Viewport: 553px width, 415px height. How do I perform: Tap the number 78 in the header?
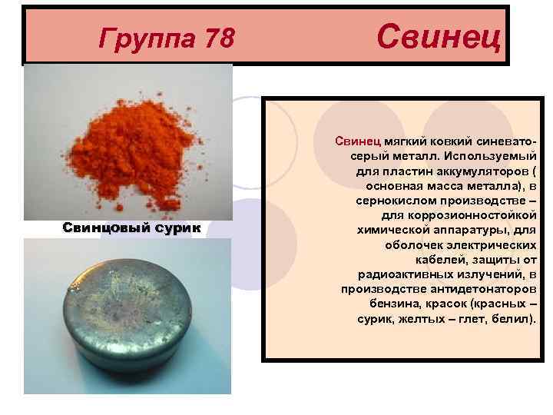point(216,37)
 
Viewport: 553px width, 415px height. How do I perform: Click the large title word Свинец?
point(440,34)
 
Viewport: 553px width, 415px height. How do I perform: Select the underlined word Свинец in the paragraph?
point(354,141)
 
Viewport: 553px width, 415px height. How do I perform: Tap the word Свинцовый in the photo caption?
point(103,227)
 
